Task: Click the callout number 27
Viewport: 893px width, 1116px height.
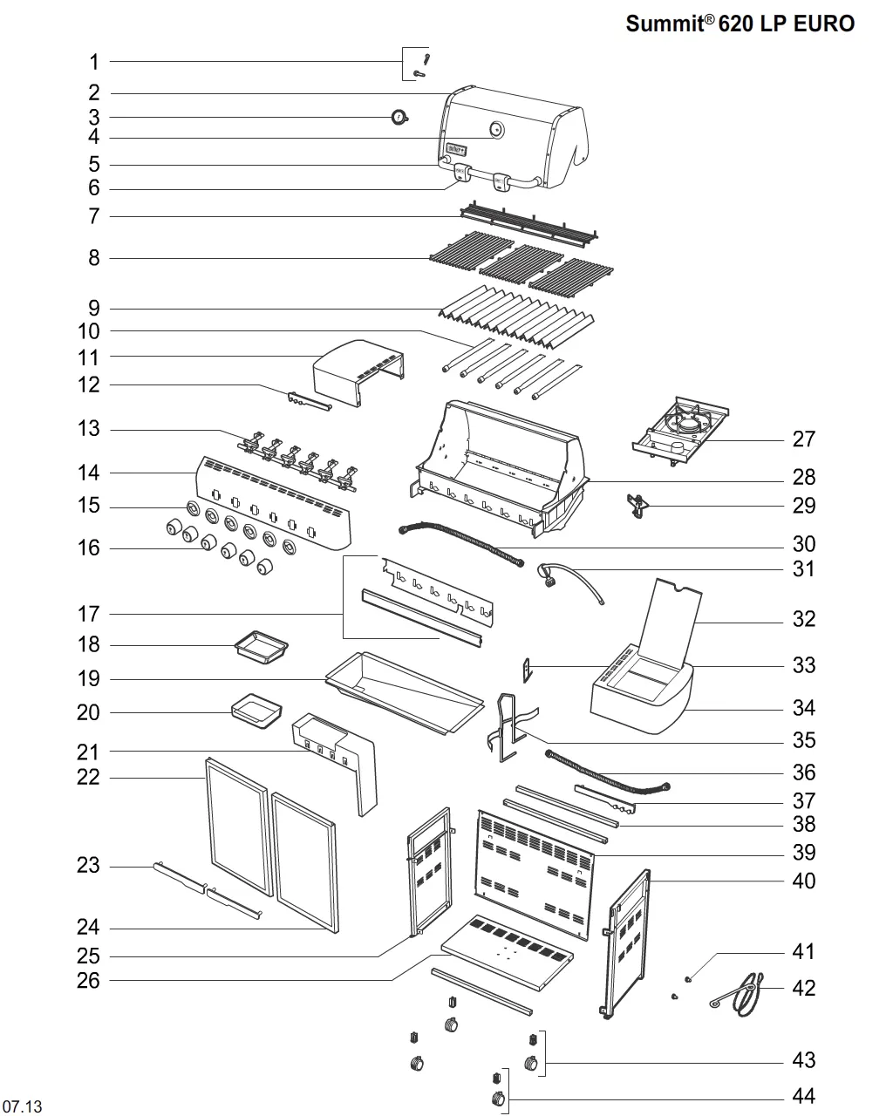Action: [x=804, y=439]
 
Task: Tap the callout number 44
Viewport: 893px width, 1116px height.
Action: [x=804, y=1096]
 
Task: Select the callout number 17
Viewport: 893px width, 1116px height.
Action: [x=88, y=614]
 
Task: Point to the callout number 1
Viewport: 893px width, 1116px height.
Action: [x=94, y=62]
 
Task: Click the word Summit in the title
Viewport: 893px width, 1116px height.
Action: [x=665, y=24]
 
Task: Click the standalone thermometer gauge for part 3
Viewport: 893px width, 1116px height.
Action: [x=399, y=118]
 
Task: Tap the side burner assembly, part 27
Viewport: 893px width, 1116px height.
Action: [x=680, y=432]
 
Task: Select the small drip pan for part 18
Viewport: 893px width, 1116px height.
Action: [x=262, y=647]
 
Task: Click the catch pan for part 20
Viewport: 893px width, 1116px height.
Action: [x=256, y=711]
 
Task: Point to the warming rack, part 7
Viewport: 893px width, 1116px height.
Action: [x=528, y=225]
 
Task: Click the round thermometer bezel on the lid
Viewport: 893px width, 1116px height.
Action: [x=496, y=130]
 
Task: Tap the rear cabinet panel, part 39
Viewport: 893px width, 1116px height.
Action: [x=535, y=875]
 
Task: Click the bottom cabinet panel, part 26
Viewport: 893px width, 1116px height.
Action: [x=508, y=951]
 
